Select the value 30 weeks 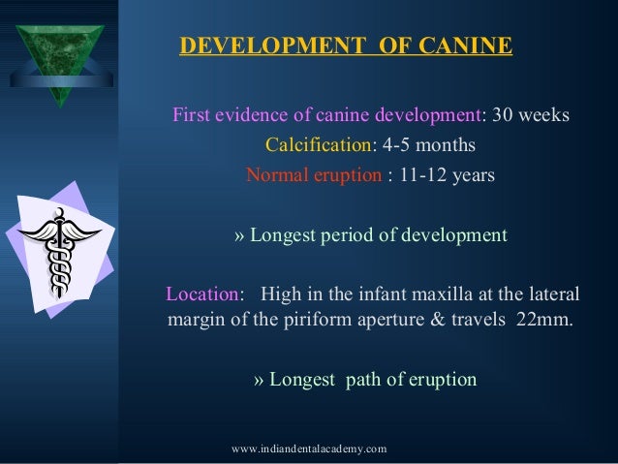[531, 116]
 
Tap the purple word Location [201, 293]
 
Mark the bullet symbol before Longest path [259, 379]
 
